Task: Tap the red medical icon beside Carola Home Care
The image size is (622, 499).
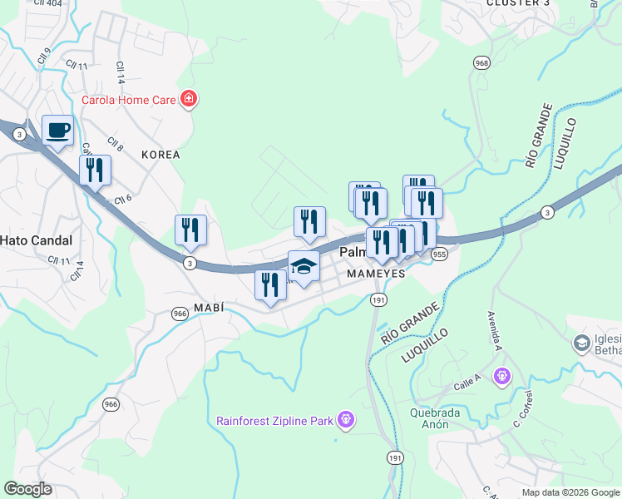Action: [x=189, y=100]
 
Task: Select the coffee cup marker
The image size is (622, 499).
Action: [x=57, y=130]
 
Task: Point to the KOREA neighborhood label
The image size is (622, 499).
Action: [x=160, y=155]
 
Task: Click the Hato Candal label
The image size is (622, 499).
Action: [x=36, y=240]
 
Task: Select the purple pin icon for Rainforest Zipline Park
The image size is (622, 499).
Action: [x=345, y=421]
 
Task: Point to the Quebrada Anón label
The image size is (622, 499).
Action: [x=440, y=418]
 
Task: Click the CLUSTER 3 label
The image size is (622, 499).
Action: [x=518, y=3]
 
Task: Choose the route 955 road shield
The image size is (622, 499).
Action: [x=440, y=254]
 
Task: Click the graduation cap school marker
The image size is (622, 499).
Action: [x=304, y=266]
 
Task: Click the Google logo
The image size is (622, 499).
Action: [x=27, y=489]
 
